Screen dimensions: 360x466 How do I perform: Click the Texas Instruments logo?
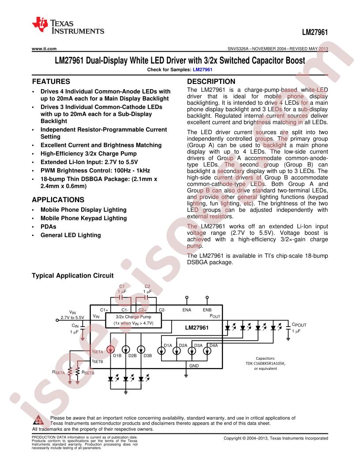(68, 26)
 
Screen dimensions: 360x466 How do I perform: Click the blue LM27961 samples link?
(202, 70)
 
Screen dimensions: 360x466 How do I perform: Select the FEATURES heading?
(51, 82)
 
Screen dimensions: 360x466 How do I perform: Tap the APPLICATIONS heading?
(58, 200)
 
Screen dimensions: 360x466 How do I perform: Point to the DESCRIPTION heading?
(211, 82)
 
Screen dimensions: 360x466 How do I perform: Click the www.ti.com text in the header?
(44, 49)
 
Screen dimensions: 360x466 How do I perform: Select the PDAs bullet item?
(49, 227)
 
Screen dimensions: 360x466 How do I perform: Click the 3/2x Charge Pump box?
(133, 320)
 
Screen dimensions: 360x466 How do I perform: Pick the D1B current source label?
(117, 355)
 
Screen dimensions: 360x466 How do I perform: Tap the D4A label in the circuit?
(214, 346)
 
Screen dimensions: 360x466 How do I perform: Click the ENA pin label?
(187, 310)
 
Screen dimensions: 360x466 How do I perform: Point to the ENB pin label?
(207, 310)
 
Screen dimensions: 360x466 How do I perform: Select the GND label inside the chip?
(194, 365)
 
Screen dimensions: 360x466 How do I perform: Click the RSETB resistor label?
(88, 372)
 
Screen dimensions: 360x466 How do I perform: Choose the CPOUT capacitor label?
(299, 325)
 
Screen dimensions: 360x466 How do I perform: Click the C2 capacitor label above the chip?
(147, 286)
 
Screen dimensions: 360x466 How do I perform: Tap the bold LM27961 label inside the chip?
(197, 327)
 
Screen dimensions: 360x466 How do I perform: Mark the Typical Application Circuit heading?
(73, 275)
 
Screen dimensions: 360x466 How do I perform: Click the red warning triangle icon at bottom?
(39, 420)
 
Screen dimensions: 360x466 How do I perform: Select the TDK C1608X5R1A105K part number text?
(266, 363)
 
